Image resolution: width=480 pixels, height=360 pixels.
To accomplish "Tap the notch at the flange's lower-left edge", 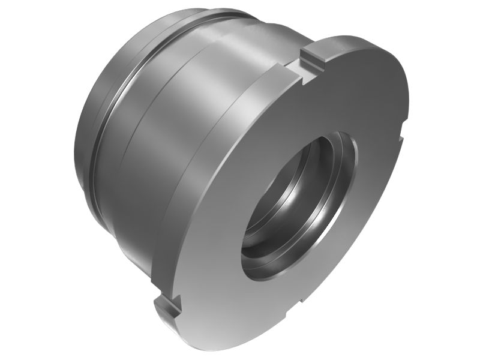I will tap(168, 306).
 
